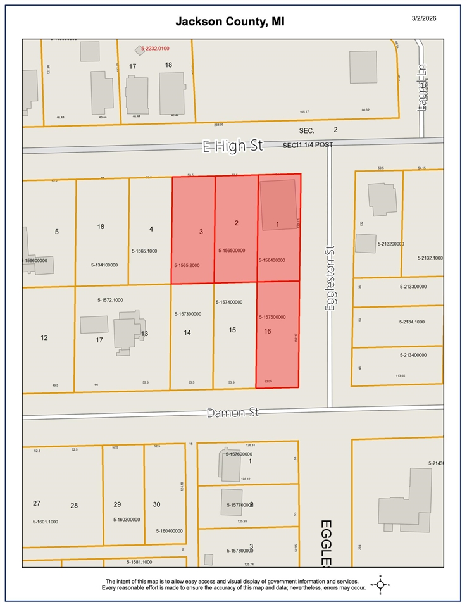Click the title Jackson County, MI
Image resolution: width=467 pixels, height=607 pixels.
(x=230, y=22)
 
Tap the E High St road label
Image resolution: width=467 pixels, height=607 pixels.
(x=232, y=146)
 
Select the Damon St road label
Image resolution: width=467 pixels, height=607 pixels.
(x=233, y=413)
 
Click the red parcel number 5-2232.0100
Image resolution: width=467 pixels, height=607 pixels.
(x=165, y=48)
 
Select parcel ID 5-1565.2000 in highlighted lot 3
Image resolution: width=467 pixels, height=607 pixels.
(x=187, y=265)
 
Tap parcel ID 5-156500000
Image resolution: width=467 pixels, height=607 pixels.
(x=232, y=251)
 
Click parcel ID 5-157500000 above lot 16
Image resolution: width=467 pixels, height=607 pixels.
(x=272, y=316)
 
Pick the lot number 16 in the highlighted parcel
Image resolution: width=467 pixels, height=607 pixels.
(x=268, y=331)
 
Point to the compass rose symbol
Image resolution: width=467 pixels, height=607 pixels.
(x=380, y=584)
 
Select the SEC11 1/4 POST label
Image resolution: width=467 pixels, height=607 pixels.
(x=308, y=145)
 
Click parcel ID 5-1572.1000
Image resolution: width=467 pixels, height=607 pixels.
(x=110, y=299)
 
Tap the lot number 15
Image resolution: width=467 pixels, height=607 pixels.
(x=232, y=330)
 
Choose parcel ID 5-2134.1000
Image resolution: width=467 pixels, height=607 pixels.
(x=412, y=322)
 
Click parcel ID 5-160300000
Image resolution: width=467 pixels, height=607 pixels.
(x=127, y=519)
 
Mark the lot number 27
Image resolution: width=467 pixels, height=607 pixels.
(x=37, y=503)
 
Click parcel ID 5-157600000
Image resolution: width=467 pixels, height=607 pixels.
(x=239, y=454)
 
